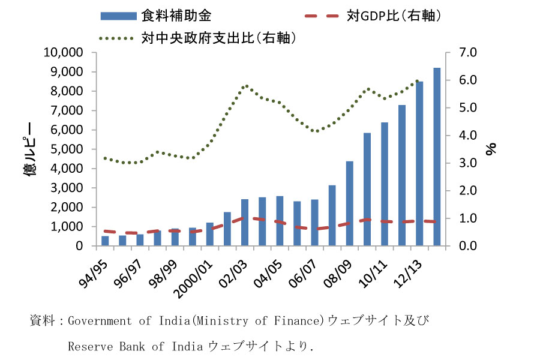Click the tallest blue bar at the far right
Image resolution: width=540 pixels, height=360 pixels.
tap(437, 157)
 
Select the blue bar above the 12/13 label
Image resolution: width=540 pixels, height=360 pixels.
tap(419, 164)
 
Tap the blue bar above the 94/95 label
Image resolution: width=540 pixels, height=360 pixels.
tap(105, 241)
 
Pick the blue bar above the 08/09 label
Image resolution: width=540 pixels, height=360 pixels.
tap(349, 203)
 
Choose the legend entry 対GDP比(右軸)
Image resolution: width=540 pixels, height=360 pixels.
tap(394, 15)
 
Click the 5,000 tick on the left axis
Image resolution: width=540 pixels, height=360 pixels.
tap(68, 149)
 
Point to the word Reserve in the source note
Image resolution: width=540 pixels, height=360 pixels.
tap(86, 346)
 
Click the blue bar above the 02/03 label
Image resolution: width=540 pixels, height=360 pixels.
tap(245, 223)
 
